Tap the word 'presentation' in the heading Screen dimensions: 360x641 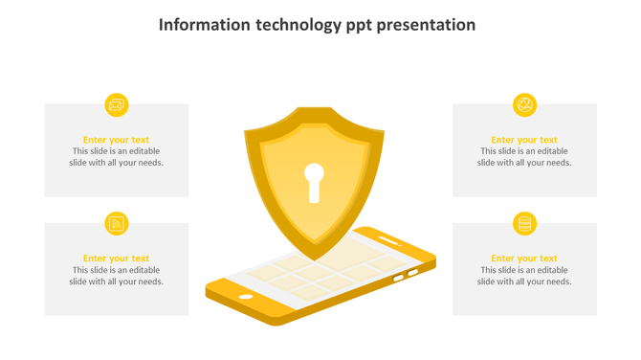[426, 25]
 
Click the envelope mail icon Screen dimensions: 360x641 [117, 105]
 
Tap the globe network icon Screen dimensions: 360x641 [524, 105]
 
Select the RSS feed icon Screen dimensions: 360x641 [117, 224]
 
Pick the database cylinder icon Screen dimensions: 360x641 [524, 224]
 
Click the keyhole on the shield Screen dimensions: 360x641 [314, 181]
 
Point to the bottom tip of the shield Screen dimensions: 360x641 [314, 259]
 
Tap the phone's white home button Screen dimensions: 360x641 [246, 297]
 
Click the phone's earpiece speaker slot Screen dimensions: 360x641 [388, 237]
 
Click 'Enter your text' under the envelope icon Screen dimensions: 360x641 [117, 140]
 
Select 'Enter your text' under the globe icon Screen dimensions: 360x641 [524, 140]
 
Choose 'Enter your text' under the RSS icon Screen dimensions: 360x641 [117, 259]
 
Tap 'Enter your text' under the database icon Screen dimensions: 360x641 [524, 259]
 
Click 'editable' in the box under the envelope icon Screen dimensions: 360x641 [143, 151]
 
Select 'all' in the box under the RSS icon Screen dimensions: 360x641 [118, 281]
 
